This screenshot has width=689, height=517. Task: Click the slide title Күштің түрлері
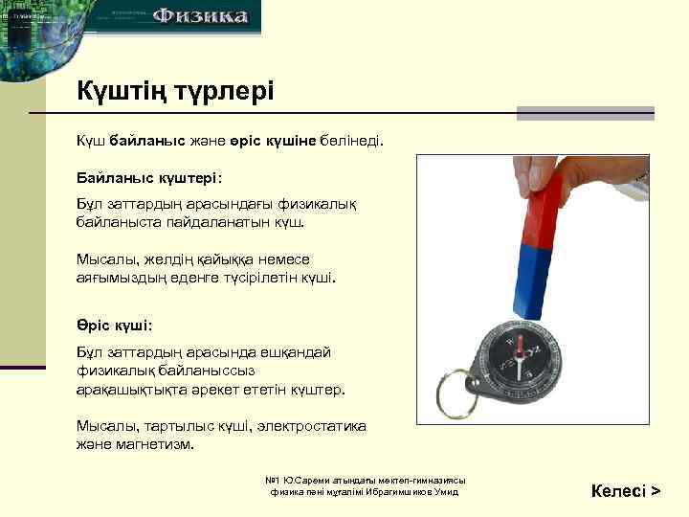(175, 92)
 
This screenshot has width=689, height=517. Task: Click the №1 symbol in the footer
(272, 480)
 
